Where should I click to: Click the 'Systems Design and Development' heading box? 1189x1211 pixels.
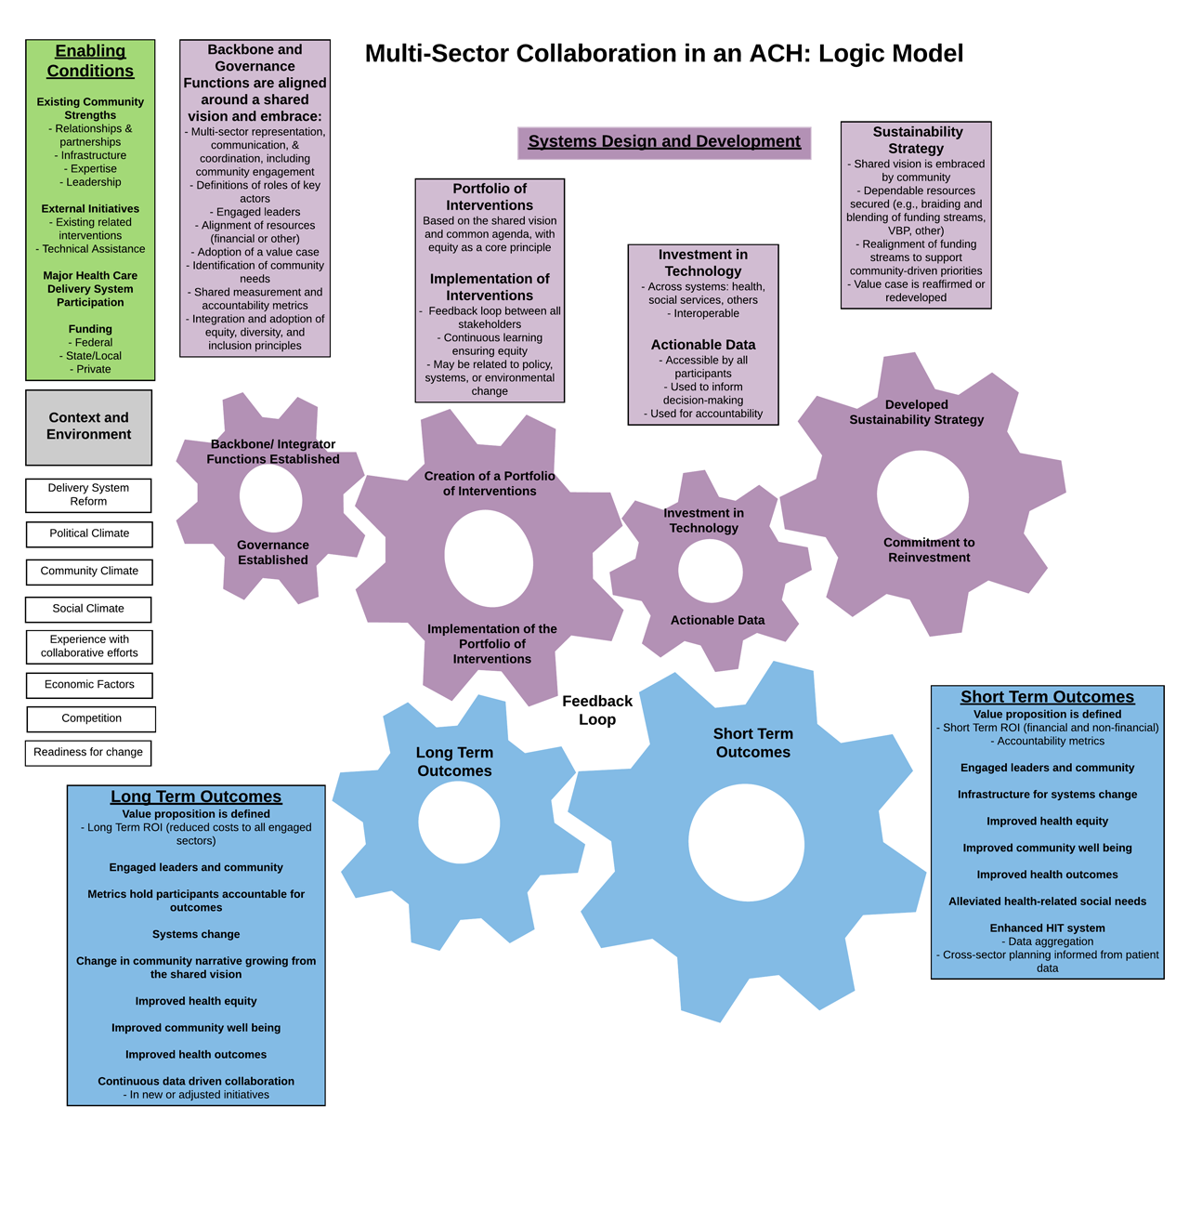click(x=664, y=142)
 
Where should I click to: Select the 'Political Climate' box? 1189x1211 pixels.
click(x=89, y=533)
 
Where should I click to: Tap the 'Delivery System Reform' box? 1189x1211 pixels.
click(x=88, y=494)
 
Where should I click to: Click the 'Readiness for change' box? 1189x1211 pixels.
click(x=88, y=752)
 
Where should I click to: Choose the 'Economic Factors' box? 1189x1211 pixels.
click(x=89, y=685)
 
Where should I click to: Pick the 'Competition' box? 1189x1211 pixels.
click(x=91, y=718)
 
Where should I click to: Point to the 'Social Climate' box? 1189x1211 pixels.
click(x=88, y=609)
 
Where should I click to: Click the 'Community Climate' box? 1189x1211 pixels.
click(x=89, y=571)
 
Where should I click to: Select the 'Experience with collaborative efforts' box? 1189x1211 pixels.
click(x=89, y=646)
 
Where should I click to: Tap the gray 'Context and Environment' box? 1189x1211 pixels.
click(x=88, y=427)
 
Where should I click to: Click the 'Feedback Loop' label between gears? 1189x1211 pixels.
click(x=597, y=710)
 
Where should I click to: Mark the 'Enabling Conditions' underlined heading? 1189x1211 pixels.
click(x=90, y=61)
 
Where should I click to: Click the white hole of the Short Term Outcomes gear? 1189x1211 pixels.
click(x=746, y=843)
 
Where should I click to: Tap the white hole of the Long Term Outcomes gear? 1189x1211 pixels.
click(x=459, y=823)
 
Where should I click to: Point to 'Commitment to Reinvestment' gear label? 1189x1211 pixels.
click(x=929, y=550)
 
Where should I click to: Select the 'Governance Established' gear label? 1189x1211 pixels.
click(x=272, y=552)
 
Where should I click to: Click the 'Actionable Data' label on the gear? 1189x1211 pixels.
click(x=717, y=620)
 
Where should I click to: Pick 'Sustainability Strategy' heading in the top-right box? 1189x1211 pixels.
click(x=917, y=140)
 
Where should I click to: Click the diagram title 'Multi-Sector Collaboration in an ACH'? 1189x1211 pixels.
click(x=663, y=54)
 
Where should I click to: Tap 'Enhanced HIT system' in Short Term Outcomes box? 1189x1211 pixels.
click(x=1047, y=928)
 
